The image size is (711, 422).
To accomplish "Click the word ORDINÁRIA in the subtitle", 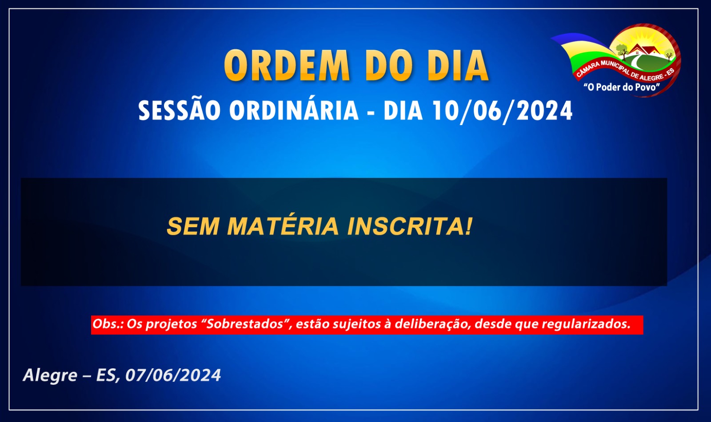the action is click(294, 110).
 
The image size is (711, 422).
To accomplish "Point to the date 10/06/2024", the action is click(503, 110).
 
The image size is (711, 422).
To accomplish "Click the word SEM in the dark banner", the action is click(193, 226).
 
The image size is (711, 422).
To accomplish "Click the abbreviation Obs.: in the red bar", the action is click(108, 324).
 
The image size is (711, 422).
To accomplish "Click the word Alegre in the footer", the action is click(50, 376).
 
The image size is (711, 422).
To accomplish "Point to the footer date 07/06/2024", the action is click(173, 375).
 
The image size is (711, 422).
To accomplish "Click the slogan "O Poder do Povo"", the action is click(622, 87).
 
